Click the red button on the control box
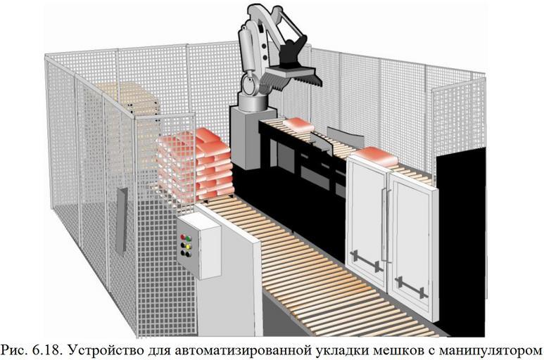click(183, 237)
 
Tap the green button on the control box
click(188, 238)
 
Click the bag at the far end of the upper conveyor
click(298, 124)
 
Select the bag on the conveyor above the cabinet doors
click(376, 156)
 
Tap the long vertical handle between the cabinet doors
click(384, 224)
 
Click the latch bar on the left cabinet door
click(366, 261)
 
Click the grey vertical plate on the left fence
click(122, 221)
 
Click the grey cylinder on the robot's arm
click(246, 49)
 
